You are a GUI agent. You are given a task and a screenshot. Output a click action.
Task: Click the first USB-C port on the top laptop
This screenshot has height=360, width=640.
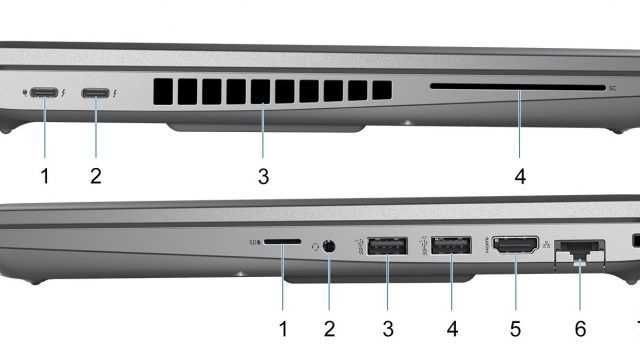tap(43, 93)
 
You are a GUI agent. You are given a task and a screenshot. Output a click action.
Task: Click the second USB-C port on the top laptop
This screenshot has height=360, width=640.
tap(96, 93)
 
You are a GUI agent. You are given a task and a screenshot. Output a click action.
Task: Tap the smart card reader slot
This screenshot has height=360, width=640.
tap(516, 88)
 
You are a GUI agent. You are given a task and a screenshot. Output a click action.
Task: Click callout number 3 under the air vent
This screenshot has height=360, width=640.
tap(263, 177)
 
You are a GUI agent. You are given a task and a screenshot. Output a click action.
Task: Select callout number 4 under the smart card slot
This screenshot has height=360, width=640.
tap(520, 177)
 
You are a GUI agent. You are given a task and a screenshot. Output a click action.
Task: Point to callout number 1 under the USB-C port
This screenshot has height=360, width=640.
tap(44, 177)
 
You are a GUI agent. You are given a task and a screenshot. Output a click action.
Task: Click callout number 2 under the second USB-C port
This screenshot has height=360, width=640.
tap(96, 177)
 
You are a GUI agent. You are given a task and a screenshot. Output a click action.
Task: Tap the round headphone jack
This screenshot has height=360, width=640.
tap(329, 243)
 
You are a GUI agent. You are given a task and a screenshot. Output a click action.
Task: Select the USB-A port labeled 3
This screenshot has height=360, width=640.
tap(386, 243)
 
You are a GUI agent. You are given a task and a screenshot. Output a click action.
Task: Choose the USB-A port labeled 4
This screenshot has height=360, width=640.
tap(451, 243)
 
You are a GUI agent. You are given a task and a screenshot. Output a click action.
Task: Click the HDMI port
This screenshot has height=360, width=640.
tap(514, 244)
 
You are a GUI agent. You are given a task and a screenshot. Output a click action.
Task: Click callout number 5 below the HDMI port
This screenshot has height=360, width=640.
tap(515, 327)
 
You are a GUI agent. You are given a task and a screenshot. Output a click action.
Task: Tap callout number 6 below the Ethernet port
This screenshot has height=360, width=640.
tap(579, 327)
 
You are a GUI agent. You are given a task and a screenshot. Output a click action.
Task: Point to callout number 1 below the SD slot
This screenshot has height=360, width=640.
tap(283, 327)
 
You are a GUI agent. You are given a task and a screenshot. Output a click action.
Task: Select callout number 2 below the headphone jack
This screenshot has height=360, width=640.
tap(329, 327)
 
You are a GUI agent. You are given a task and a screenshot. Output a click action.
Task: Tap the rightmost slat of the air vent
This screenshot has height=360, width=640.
tap(381, 89)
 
